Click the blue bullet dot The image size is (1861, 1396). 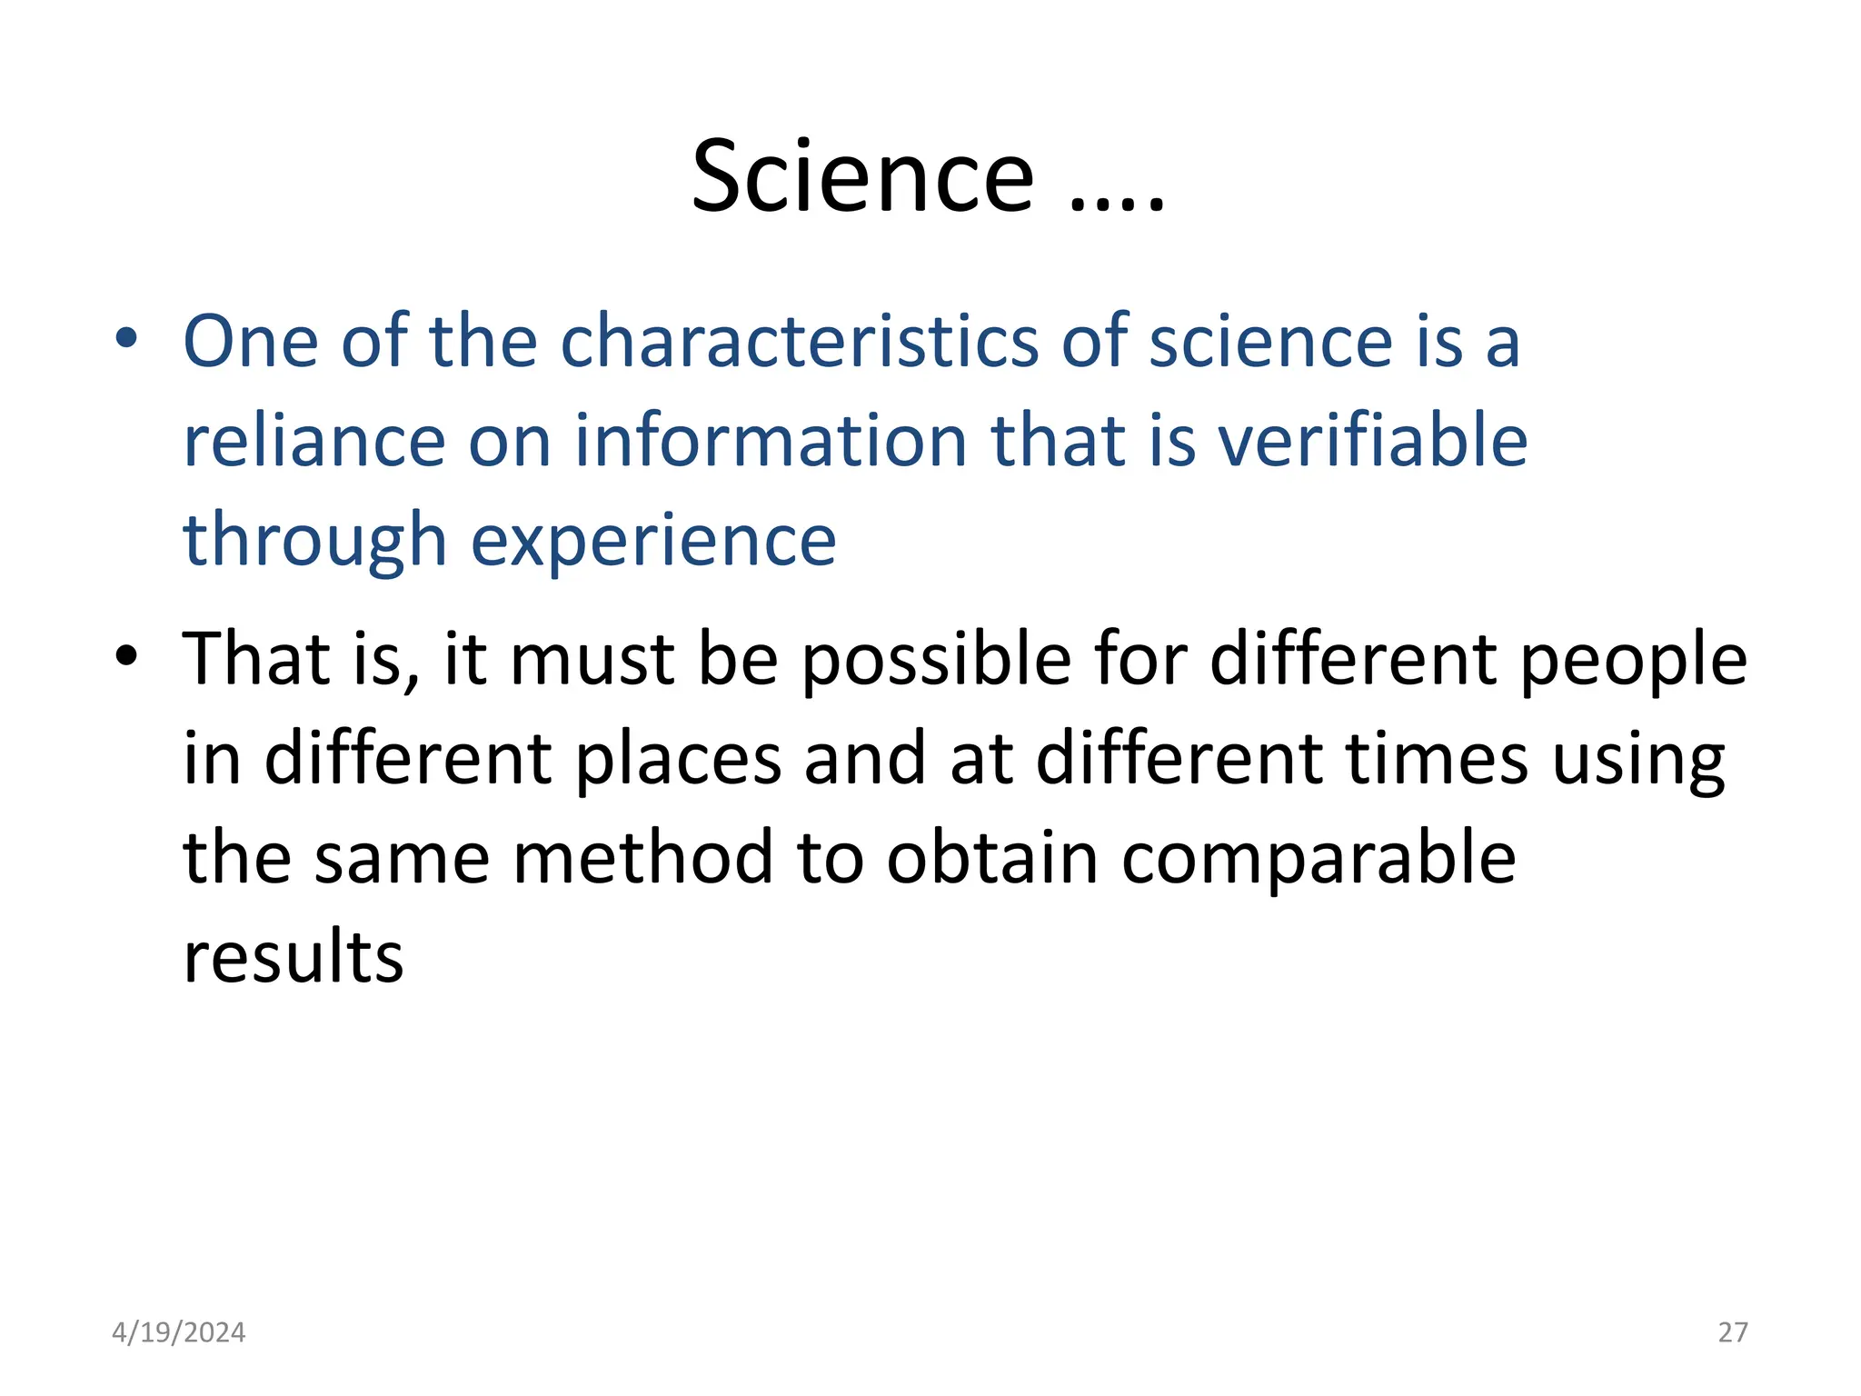tap(126, 339)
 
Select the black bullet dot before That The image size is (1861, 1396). tap(126, 655)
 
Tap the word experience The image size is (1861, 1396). tap(653, 542)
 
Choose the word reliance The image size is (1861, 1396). tap(314, 441)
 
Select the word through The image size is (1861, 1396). tap(314, 542)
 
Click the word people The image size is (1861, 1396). tap(1633, 660)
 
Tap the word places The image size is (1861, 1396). tap(678, 760)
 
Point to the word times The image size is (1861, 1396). tap(1437, 760)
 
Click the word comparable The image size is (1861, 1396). tap(1319, 859)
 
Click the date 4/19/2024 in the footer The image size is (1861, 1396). tap(178, 1332)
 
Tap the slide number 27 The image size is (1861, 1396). tap(1733, 1332)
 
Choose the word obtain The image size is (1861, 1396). tap(992, 859)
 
